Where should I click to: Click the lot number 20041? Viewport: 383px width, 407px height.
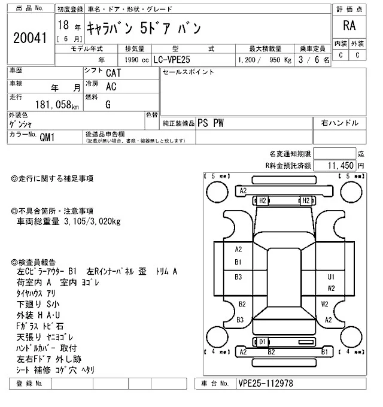click(29, 37)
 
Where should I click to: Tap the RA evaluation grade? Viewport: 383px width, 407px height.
click(349, 26)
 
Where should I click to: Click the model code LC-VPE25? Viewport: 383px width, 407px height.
click(176, 60)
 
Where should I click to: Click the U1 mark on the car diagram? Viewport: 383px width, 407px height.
click(330, 277)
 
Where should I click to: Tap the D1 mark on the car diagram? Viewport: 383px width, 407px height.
click(262, 341)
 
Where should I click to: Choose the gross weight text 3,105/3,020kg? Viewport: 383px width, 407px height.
click(92, 222)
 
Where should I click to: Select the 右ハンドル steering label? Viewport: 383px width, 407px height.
click(339, 123)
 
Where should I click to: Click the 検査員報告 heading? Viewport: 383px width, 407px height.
click(37, 262)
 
